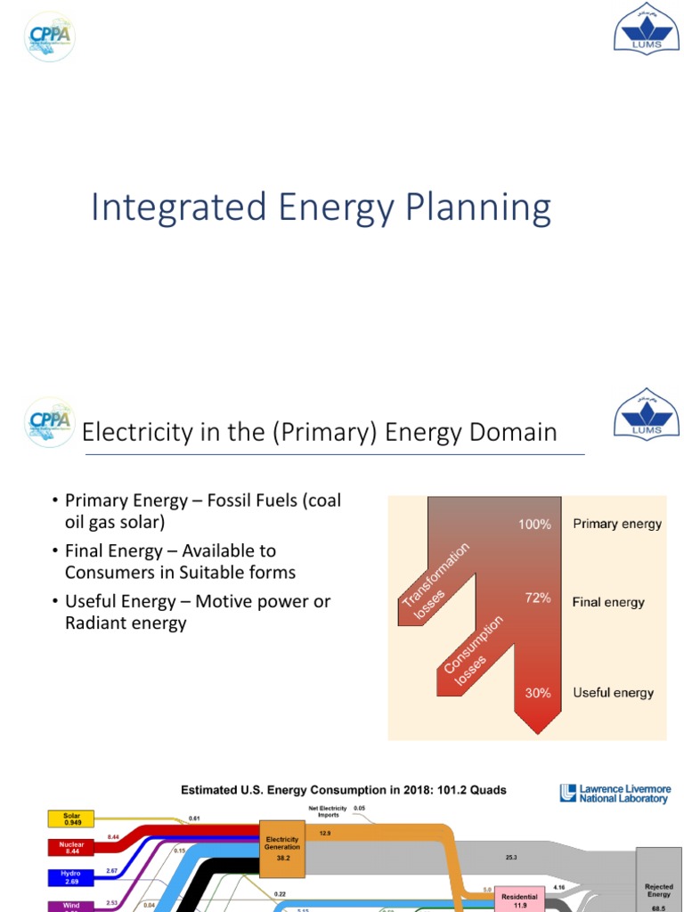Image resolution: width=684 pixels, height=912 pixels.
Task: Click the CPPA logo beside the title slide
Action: pos(50,37)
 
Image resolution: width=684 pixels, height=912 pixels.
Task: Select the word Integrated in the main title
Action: pos(179,208)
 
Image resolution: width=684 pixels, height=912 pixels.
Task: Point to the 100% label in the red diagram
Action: pos(534,525)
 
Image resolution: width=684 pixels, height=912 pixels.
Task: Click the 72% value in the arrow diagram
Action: pos(538,598)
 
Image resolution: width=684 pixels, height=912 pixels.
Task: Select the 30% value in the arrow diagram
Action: pos(538,693)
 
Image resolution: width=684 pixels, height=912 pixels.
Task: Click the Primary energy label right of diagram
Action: pos(617,524)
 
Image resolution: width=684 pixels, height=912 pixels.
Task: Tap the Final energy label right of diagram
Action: pos(608,602)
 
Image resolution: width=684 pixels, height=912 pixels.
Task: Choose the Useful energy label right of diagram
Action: pos(614,693)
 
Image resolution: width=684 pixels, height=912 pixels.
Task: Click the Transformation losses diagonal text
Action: pos(436,577)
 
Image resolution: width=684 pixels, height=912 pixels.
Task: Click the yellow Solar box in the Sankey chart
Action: pos(72,818)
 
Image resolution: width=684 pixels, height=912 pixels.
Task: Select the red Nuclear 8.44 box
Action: pos(72,846)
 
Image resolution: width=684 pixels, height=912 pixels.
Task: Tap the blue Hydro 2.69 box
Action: pos(72,877)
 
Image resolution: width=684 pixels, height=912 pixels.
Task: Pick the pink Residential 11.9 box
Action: pos(519,900)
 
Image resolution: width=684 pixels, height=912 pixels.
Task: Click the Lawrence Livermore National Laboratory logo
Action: pos(615,794)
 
